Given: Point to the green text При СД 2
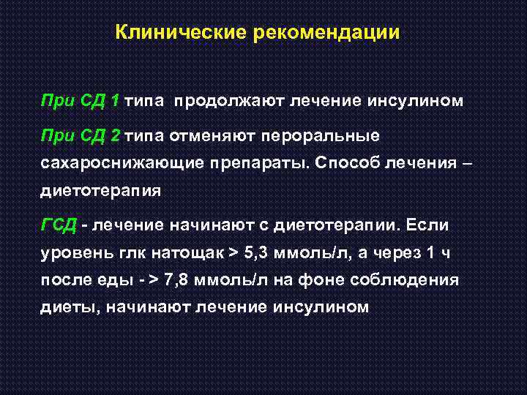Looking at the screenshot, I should pyautogui.click(x=81, y=135).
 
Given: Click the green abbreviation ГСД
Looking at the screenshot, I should pyautogui.click(x=58, y=225).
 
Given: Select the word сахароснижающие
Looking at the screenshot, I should pyautogui.click(x=114, y=163).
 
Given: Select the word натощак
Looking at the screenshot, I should pyautogui.click(x=188, y=252).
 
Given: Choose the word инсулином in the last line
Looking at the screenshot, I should pyautogui.click(x=321, y=307).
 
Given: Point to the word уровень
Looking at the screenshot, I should pyautogui.click(x=75, y=252).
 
